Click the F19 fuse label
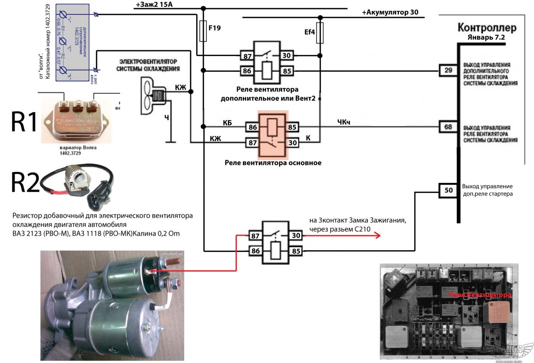(215, 28)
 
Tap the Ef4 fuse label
(309, 32)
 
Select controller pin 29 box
(448, 70)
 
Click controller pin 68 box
(448, 127)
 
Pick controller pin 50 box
(448, 190)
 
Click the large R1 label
(24, 122)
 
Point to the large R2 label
(25, 183)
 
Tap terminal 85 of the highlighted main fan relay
(292, 127)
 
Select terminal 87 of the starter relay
(255, 236)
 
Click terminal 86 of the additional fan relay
(247, 71)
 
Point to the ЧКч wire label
(343, 122)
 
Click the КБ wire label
(227, 123)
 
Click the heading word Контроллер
(487, 28)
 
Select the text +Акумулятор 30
(390, 13)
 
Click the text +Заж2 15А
(154, 5)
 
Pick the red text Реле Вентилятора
(480, 295)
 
